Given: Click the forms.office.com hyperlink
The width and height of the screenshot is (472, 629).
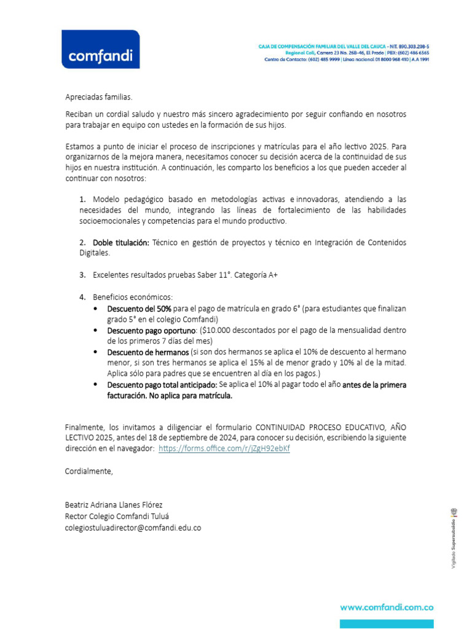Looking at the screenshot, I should click(x=224, y=448).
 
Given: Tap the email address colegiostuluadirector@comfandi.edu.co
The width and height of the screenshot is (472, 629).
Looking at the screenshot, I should click(x=133, y=527).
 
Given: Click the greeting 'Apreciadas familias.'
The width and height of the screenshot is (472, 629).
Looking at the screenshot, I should click(x=98, y=97).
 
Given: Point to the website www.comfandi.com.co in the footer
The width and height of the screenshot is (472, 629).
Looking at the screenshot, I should click(x=387, y=607).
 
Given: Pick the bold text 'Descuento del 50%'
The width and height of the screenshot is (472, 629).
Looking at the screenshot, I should click(x=139, y=308).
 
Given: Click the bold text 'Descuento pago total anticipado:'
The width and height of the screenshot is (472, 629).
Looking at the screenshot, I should click(x=162, y=385).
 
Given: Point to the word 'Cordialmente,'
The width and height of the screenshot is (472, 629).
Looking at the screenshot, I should click(x=89, y=471).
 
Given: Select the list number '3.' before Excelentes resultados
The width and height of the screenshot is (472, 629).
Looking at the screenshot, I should click(x=82, y=275).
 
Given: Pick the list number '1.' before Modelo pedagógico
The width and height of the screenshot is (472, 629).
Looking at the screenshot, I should click(x=82, y=200).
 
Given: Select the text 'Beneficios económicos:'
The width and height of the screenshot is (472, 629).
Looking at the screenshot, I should click(x=133, y=297).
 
